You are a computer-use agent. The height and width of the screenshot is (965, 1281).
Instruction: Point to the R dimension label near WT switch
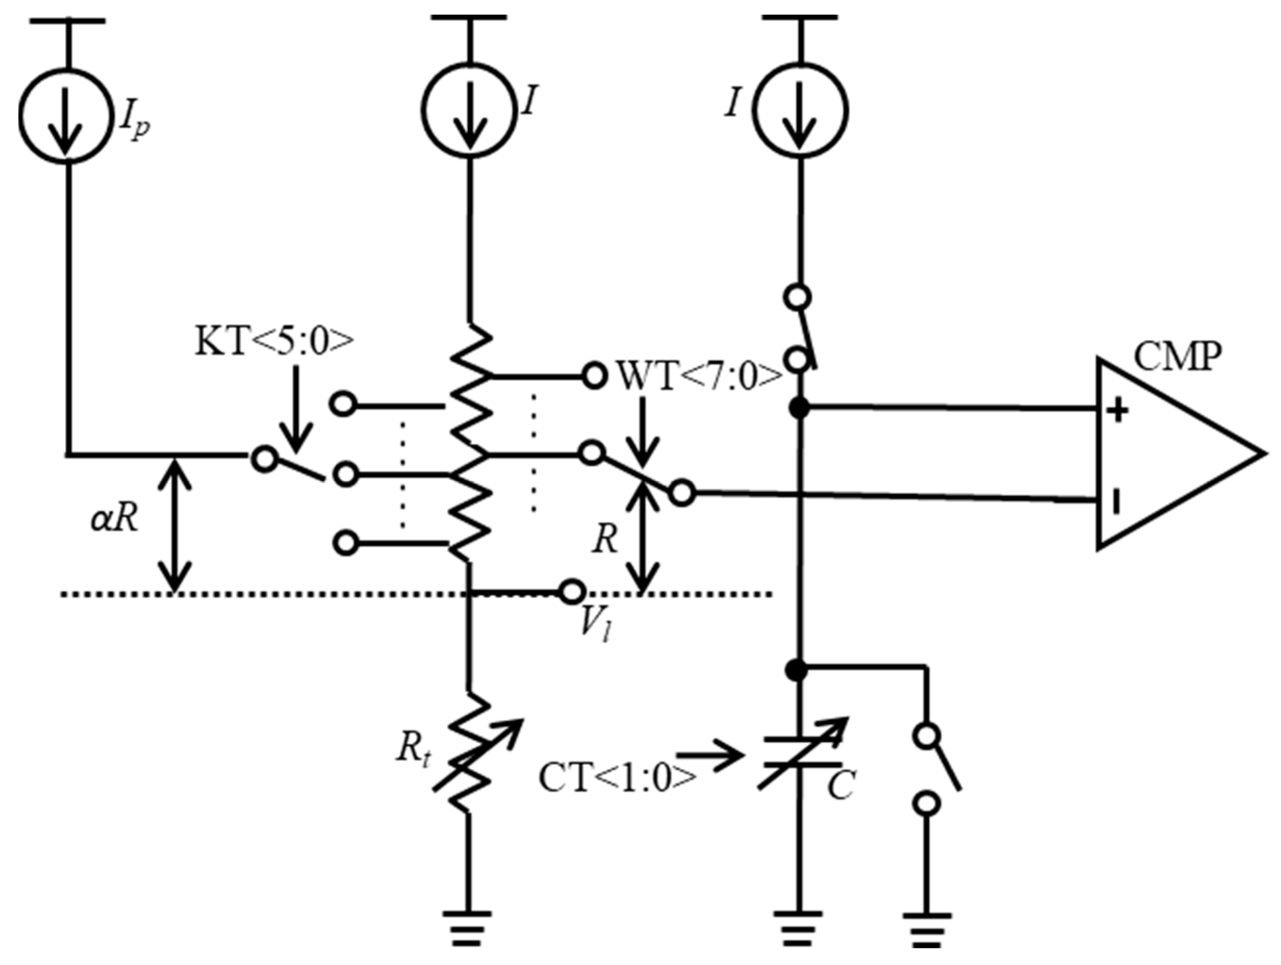point(606,541)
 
